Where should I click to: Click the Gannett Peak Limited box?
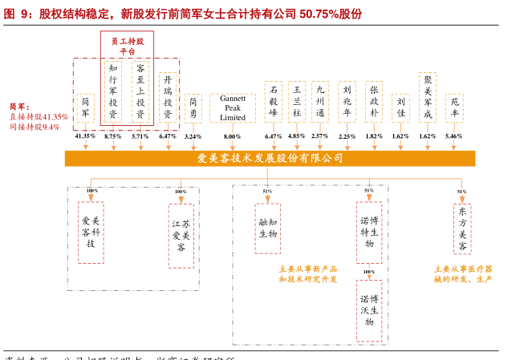pos(232,107)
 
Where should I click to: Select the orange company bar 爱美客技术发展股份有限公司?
pos(270,158)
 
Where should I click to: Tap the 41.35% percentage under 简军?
pos(85,136)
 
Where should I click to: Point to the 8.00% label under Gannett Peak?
pos(232,136)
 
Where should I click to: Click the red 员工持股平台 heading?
pos(127,46)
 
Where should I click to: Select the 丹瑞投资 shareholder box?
pos(168,97)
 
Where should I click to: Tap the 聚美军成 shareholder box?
pos(428,97)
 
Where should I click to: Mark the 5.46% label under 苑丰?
pos(454,136)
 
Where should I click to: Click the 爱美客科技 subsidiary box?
pos(91,232)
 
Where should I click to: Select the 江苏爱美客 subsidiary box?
pos(181,236)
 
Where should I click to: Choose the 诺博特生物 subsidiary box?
pos(368,232)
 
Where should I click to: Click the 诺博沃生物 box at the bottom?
pos(368,309)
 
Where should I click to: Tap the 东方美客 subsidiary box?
pos(462,229)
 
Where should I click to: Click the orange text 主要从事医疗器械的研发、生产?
pos(463,274)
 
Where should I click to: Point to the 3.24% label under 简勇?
pos(193,136)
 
